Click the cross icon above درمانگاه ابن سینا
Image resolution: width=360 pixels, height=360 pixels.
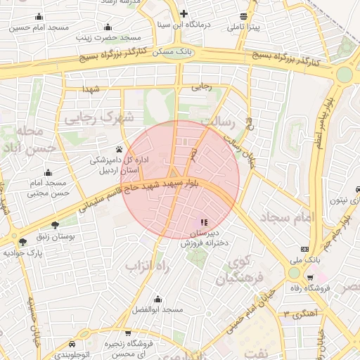(184, 13)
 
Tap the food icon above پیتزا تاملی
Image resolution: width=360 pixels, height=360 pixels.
(243, 16)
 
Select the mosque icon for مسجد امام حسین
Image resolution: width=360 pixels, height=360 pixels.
(38, 16)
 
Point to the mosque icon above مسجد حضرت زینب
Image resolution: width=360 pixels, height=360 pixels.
(108, 27)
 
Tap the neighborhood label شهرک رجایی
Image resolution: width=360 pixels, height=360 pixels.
(98, 118)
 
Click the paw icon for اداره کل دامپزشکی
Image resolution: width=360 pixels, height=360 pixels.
(119, 149)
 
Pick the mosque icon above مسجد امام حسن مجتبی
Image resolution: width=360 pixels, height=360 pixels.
(48, 172)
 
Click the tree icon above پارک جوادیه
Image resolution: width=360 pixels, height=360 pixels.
(23, 241)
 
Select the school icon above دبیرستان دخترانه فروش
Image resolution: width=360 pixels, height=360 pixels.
(204, 222)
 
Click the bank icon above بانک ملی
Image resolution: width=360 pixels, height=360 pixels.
(304, 249)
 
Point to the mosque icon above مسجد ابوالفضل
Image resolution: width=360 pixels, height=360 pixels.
(157, 299)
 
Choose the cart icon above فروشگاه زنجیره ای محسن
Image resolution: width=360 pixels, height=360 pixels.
(128, 333)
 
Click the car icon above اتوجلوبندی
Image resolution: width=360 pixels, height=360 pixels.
(72, 344)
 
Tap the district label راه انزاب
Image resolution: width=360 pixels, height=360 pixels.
(149, 266)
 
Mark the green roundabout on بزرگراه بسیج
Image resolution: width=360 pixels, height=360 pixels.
(344, 75)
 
